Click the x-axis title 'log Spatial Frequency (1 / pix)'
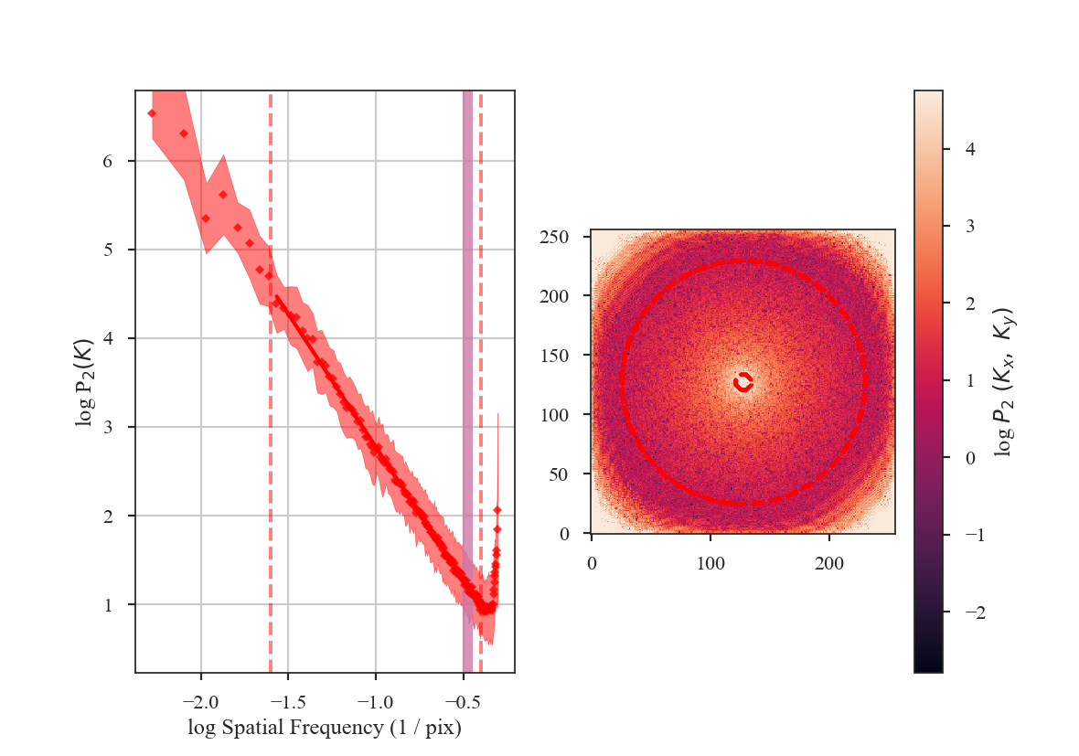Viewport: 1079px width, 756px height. (325, 729)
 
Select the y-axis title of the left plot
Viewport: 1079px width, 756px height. (85, 381)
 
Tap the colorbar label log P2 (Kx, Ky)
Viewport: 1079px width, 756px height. (1003, 381)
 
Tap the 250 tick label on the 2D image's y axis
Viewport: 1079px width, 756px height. (557, 237)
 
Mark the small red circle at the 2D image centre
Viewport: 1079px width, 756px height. (742, 382)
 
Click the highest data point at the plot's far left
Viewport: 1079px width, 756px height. (152, 113)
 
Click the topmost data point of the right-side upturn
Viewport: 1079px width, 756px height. (497, 510)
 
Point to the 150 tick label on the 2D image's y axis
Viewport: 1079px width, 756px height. (557, 356)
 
